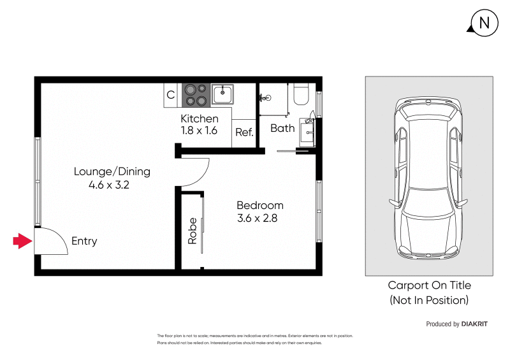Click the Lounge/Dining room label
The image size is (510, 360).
click(112, 171)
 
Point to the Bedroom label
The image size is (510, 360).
click(259, 205)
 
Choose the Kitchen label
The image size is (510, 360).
click(200, 119)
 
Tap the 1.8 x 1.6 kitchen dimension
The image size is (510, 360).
click(200, 131)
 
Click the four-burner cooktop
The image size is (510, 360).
click(196, 95)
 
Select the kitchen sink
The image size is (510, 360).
click(222, 95)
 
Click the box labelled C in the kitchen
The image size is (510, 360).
click(171, 95)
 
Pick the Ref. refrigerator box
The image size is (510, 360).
click(244, 133)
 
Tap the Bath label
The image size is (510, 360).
click(282, 128)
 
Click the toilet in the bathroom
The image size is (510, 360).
click(300, 94)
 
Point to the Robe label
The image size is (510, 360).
click(192, 232)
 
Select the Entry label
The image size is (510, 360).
click(84, 241)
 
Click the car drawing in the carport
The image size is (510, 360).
click(428, 176)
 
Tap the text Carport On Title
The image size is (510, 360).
click(429, 285)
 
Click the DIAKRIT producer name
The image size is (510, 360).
click(474, 324)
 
